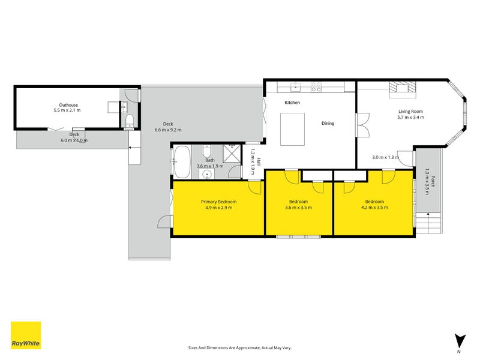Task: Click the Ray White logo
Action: (x=26, y=335)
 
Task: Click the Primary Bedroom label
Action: (x=218, y=205)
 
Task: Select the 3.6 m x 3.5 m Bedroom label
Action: (x=298, y=205)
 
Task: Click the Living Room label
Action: (x=411, y=114)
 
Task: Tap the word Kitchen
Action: (x=292, y=103)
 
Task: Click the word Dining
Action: (x=328, y=123)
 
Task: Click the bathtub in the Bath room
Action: (x=182, y=160)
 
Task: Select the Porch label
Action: (x=428, y=179)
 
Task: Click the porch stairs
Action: (x=429, y=226)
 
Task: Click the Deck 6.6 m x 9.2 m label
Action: (x=167, y=127)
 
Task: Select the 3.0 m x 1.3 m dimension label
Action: (x=385, y=157)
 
